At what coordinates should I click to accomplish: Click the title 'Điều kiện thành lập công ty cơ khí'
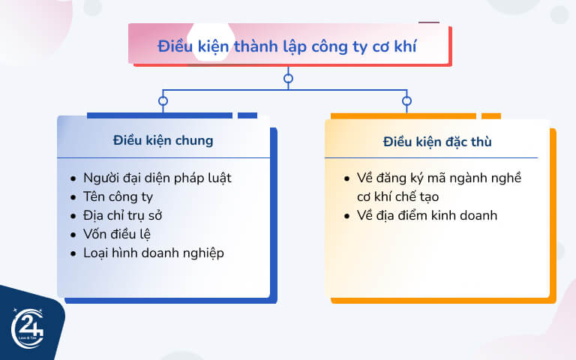287,46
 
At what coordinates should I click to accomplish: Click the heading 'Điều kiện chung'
163,140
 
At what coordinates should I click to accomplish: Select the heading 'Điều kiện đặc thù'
437,141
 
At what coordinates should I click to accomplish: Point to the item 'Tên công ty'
118,197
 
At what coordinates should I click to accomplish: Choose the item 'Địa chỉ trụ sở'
123,216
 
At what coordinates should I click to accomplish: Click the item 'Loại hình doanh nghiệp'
154,253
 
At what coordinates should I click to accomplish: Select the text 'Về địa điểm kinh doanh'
427,216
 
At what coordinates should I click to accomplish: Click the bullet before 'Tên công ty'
73,198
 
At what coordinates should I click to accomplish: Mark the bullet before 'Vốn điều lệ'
73,235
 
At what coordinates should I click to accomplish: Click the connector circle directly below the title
288,78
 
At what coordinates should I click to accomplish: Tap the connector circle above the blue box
163,100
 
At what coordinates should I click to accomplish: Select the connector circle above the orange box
406,100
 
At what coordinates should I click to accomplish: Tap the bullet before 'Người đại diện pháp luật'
73,179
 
